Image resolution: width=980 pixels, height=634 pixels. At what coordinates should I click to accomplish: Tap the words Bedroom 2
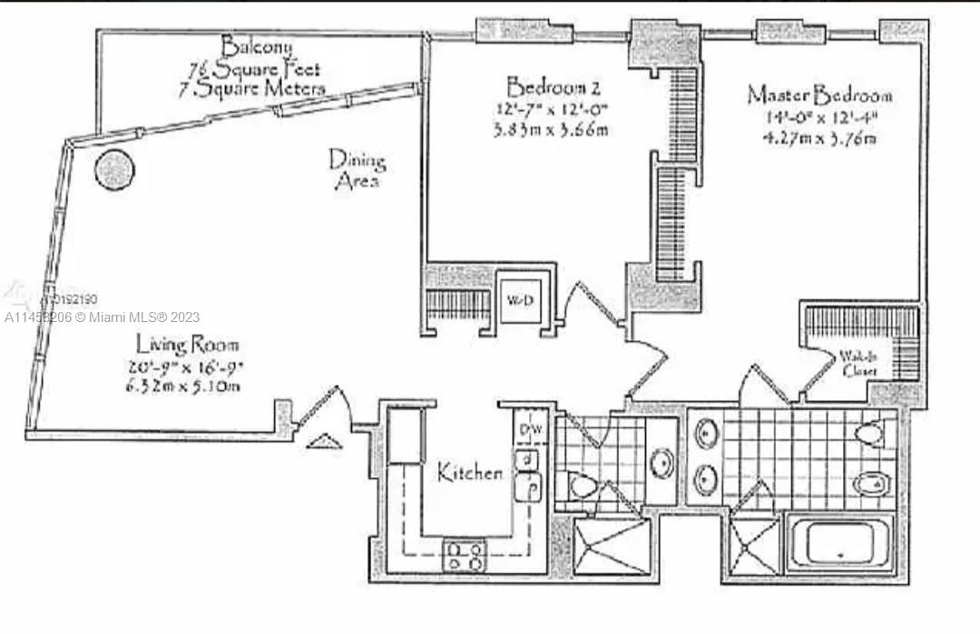(x=554, y=88)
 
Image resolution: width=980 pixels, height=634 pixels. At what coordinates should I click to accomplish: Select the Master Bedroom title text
(x=819, y=94)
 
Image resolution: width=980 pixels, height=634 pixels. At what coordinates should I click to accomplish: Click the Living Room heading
(x=189, y=345)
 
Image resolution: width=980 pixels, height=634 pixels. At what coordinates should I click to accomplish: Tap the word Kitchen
(x=470, y=473)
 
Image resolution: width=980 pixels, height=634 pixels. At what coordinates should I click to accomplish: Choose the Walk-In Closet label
(x=858, y=365)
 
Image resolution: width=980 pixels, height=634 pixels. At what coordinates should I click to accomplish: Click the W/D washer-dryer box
(x=519, y=296)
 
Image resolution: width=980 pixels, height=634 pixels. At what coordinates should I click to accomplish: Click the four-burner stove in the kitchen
(x=464, y=554)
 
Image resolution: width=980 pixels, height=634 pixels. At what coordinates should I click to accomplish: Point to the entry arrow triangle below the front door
(x=323, y=441)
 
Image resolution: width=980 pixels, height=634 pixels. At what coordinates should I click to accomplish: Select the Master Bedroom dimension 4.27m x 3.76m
(x=819, y=139)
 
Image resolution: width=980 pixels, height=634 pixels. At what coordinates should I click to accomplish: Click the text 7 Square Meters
(x=251, y=89)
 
